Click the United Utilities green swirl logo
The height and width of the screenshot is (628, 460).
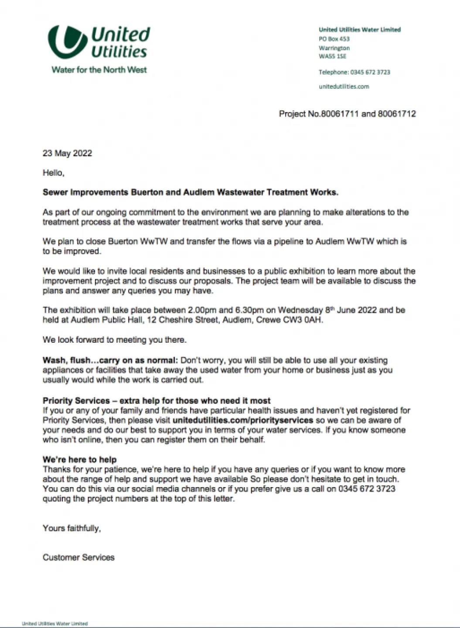pos(68,42)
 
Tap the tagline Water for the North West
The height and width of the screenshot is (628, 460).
pos(99,70)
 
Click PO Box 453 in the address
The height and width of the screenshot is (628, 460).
pos(334,39)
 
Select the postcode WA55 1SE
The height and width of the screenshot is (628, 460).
pos(332,56)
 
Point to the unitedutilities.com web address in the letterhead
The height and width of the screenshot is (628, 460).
pos(344,86)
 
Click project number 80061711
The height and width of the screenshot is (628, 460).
pos(340,114)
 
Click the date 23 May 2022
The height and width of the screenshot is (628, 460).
pos(67,153)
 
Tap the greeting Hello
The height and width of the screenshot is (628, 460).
pos(53,173)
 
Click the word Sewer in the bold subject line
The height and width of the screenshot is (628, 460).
pos(55,192)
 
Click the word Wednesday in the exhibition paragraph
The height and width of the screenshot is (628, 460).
pos(300,310)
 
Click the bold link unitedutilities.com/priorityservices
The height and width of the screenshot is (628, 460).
pos(243,420)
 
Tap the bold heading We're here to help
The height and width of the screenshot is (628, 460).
pos(79,460)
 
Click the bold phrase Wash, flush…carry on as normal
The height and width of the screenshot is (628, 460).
pos(110,361)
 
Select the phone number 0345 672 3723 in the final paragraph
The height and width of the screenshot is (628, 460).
pos(367,489)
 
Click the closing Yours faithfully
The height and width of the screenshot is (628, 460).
pos(72,528)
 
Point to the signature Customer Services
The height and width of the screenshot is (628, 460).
pos(78,557)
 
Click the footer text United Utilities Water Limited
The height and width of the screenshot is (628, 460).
pos(55,624)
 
